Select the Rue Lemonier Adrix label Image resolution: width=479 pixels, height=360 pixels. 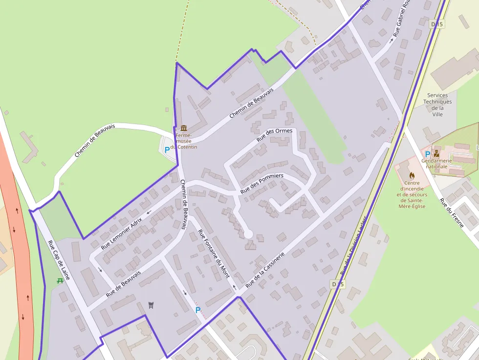point(121,233)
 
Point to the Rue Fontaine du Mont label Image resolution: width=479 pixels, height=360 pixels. point(214,254)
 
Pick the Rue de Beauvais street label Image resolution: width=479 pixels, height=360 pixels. point(123,284)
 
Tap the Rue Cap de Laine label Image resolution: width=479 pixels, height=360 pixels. point(59,260)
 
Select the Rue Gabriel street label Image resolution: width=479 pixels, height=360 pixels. point(400,20)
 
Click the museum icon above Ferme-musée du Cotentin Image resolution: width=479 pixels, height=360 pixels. point(184,128)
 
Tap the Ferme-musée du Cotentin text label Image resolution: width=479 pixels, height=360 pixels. point(184,141)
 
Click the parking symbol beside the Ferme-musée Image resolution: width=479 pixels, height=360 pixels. point(167,150)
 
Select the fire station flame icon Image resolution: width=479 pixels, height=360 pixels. point(412,175)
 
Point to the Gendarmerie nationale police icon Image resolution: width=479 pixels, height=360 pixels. point(436,153)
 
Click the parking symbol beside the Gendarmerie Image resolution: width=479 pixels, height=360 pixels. point(428,154)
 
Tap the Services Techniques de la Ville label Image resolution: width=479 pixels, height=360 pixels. point(437,105)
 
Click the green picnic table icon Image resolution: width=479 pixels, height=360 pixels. point(60,280)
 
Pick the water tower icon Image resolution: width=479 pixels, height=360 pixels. point(151,305)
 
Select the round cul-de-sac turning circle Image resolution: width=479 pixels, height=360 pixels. point(248,234)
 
